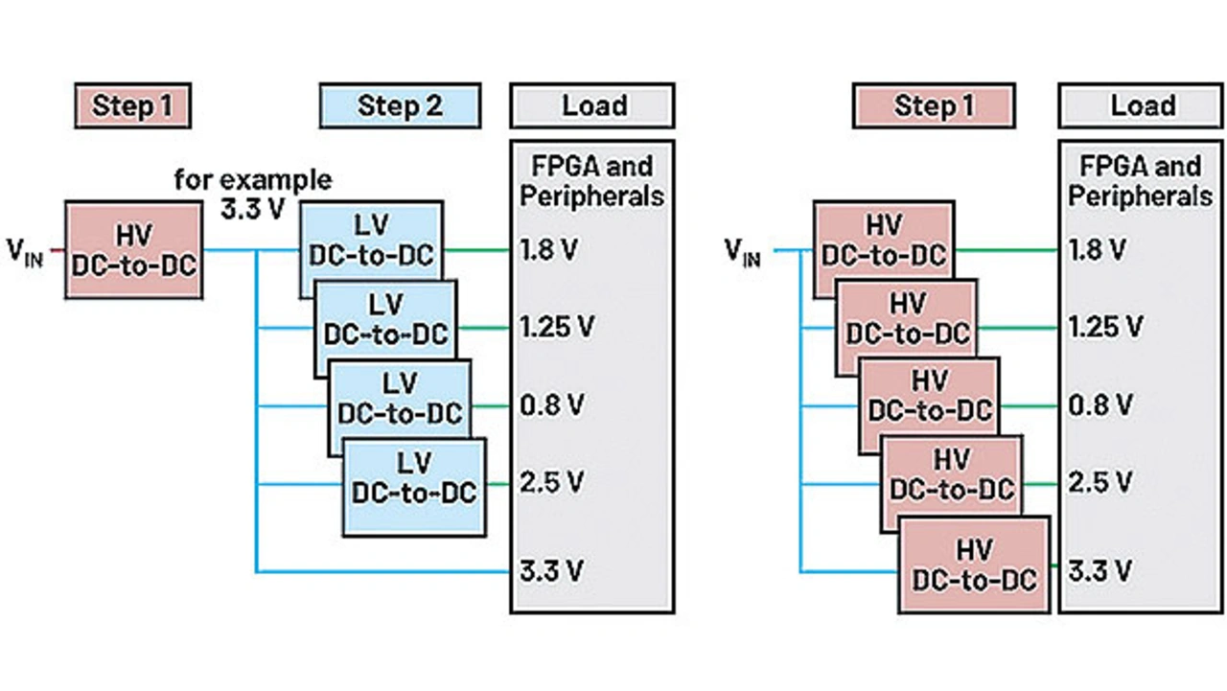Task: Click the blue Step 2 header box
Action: pyautogui.click(x=400, y=105)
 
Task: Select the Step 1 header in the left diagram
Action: pyautogui.click(x=131, y=105)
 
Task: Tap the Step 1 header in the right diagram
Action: pyautogui.click(x=933, y=105)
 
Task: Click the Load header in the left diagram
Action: pyautogui.click(x=593, y=105)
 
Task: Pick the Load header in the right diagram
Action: pyautogui.click(x=1142, y=105)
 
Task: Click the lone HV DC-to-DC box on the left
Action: pyautogui.click(x=132, y=249)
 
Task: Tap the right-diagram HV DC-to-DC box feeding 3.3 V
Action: pyautogui.click(x=973, y=565)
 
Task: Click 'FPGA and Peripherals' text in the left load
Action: pyautogui.click(x=592, y=181)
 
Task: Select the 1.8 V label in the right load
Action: pyautogui.click(x=1098, y=250)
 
